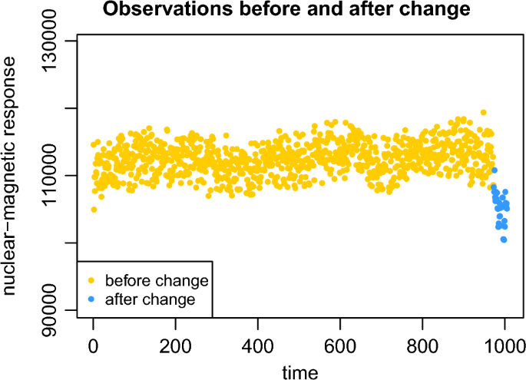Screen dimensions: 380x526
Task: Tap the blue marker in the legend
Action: (x=91, y=299)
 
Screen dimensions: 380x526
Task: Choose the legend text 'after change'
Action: (x=151, y=299)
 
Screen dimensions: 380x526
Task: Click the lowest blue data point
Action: (x=504, y=240)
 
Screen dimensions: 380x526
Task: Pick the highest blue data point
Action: (x=495, y=170)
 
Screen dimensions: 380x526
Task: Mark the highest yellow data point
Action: (x=483, y=113)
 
